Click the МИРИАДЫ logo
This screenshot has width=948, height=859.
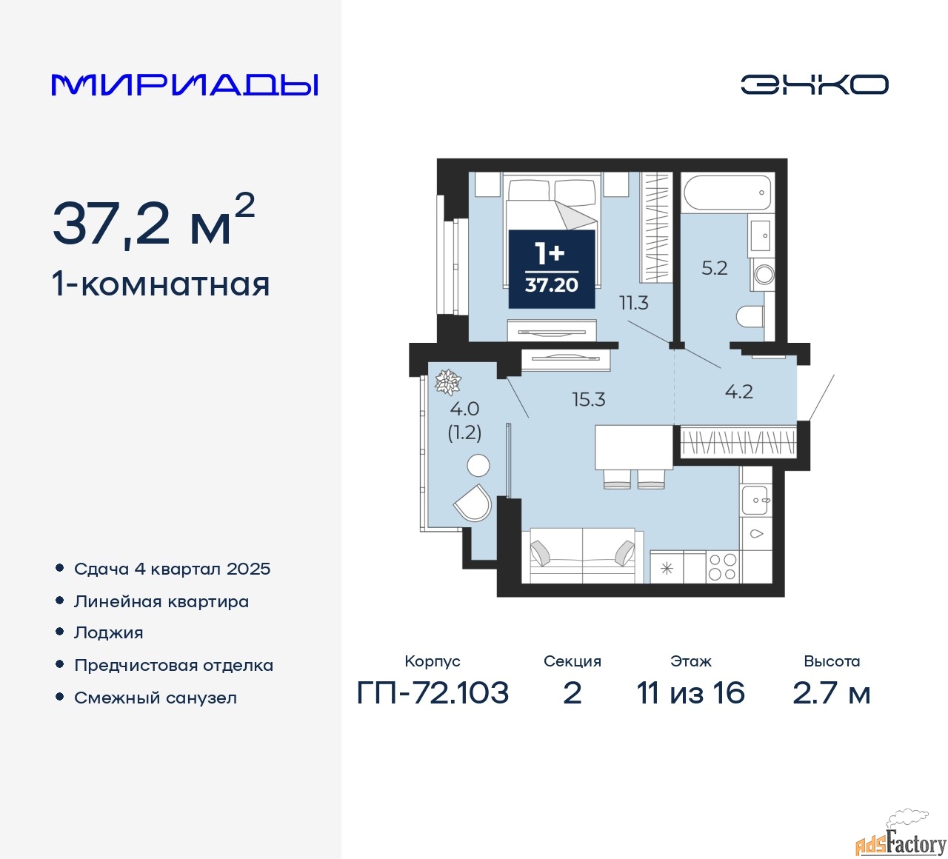click(x=184, y=85)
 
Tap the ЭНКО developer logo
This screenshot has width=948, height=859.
click(x=814, y=84)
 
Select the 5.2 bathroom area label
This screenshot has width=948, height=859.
click(x=714, y=268)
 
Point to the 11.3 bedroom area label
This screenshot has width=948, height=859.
click(x=634, y=303)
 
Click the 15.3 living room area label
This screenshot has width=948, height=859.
click(x=588, y=399)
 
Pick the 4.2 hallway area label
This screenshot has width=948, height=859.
click(x=738, y=392)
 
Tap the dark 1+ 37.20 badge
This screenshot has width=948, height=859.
click(x=552, y=269)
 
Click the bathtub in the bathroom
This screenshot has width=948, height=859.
click(x=728, y=193)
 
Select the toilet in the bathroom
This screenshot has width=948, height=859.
click(x=751, y=315)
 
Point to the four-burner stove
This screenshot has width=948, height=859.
click(x=723, y=566)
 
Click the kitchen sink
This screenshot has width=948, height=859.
click(x=755, y=500)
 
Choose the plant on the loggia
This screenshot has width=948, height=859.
click(x=447, y=382)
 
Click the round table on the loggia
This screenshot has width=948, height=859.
click(x=478, y=465)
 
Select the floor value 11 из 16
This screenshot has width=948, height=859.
click(x=690, y=693)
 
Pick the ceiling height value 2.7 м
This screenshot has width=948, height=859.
click(x=831, y=693)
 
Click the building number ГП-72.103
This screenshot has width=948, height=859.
click(x=433, y=693)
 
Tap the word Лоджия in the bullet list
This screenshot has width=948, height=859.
click(x=108, y=632)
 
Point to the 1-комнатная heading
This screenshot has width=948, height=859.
click(x=161, y=284)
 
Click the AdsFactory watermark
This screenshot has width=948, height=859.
click(x=901, y=841)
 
